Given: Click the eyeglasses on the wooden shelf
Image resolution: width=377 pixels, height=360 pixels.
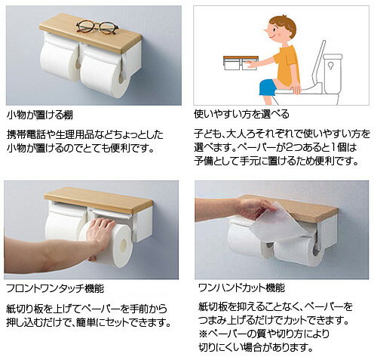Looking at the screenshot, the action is pyautogui.click(x=97, y=27).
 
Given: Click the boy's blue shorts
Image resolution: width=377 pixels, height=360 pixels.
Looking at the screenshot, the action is pyautogui.click(x=268, y=87).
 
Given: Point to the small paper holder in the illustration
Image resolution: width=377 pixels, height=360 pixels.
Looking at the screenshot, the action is pyautogui.click(x=241, y=63).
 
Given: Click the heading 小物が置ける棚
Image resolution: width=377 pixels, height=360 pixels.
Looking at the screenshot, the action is pyautogui.click(x=40, y=115).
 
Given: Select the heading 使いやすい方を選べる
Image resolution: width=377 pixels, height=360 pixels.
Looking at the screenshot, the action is pyautogui.click(x=241, y=115).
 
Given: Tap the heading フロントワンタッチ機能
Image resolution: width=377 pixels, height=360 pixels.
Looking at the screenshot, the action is pyautogui.click(x=55, y=288).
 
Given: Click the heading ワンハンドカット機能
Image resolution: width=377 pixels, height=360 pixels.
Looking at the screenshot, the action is pyautogui.click(x=241, y=288).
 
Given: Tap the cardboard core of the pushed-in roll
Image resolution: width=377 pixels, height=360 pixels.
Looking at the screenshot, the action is pyautogui.click(x=124, y=245).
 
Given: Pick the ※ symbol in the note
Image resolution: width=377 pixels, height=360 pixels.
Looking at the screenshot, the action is pyautogui.click(x=203, y=334).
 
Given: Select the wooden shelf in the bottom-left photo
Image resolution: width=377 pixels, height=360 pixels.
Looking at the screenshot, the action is pyautogui.click(x=99, y=199).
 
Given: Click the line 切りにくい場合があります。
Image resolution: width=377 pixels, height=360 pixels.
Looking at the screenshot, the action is pyautogui.click(x=256, y=348).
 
